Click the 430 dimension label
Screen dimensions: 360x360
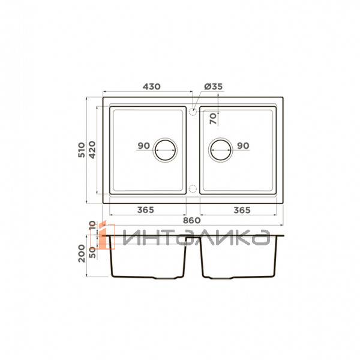[152, 86]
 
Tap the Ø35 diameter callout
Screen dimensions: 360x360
[214, 86]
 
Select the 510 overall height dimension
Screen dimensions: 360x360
[82, 149]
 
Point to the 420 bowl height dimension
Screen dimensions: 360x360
[92, 149]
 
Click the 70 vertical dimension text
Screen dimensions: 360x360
[213, 119]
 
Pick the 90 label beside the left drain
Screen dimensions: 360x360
[144, 146]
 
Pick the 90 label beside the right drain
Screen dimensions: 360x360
[243, 146]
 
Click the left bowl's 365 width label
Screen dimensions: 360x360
[146, 210]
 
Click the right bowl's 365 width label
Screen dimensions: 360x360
[242, 210]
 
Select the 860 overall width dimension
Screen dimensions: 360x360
[192, 220]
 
